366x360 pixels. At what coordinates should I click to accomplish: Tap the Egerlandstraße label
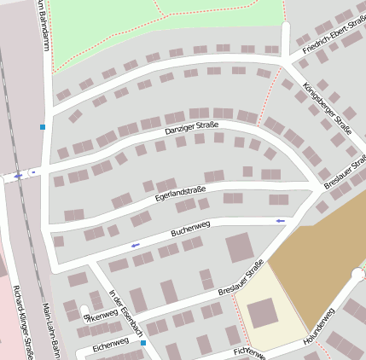(182, 197)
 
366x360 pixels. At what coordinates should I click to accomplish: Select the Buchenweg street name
(190, 228)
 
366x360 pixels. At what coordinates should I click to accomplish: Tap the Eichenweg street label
(110, 343)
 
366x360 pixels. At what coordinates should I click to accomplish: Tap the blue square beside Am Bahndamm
(42, 127)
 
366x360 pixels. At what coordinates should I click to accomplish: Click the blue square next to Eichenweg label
(143, 343)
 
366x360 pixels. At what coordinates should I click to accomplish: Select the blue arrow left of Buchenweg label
(134, 246)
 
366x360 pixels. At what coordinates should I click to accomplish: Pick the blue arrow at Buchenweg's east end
(281, 221)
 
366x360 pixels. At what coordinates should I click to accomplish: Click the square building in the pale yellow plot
(261, 312)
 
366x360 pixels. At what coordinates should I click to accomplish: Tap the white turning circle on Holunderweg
(357, 275)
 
